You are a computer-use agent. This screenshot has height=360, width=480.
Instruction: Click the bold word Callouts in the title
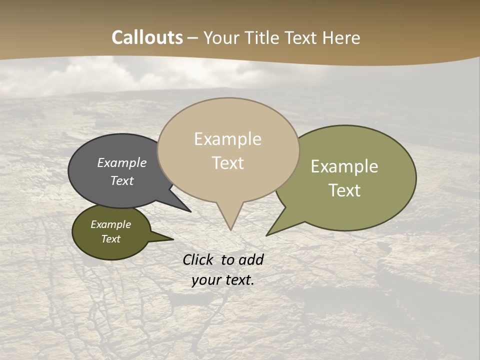pos(147,37)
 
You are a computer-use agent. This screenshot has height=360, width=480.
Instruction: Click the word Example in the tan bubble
pos(227,139)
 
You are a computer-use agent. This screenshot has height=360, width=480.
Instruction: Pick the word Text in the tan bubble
pos(227,163)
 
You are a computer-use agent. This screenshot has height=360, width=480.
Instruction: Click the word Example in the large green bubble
pos(344,166)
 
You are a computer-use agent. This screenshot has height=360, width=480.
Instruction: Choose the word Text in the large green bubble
pos(344,190)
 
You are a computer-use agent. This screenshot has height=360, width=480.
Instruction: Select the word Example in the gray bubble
pos(121,162)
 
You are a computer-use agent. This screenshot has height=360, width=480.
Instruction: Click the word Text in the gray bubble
pos(121,180)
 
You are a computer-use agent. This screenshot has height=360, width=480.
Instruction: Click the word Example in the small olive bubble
pos(110,224)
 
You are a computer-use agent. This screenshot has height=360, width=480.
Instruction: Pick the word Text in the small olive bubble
pos(110,239)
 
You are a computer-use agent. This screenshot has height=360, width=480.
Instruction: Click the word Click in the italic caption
pos(198,259)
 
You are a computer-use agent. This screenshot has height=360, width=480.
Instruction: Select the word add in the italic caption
pos(251,259)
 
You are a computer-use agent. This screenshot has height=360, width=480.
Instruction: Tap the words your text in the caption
pos(222,280)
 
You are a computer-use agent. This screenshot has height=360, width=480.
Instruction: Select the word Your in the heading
pos(221,37)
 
